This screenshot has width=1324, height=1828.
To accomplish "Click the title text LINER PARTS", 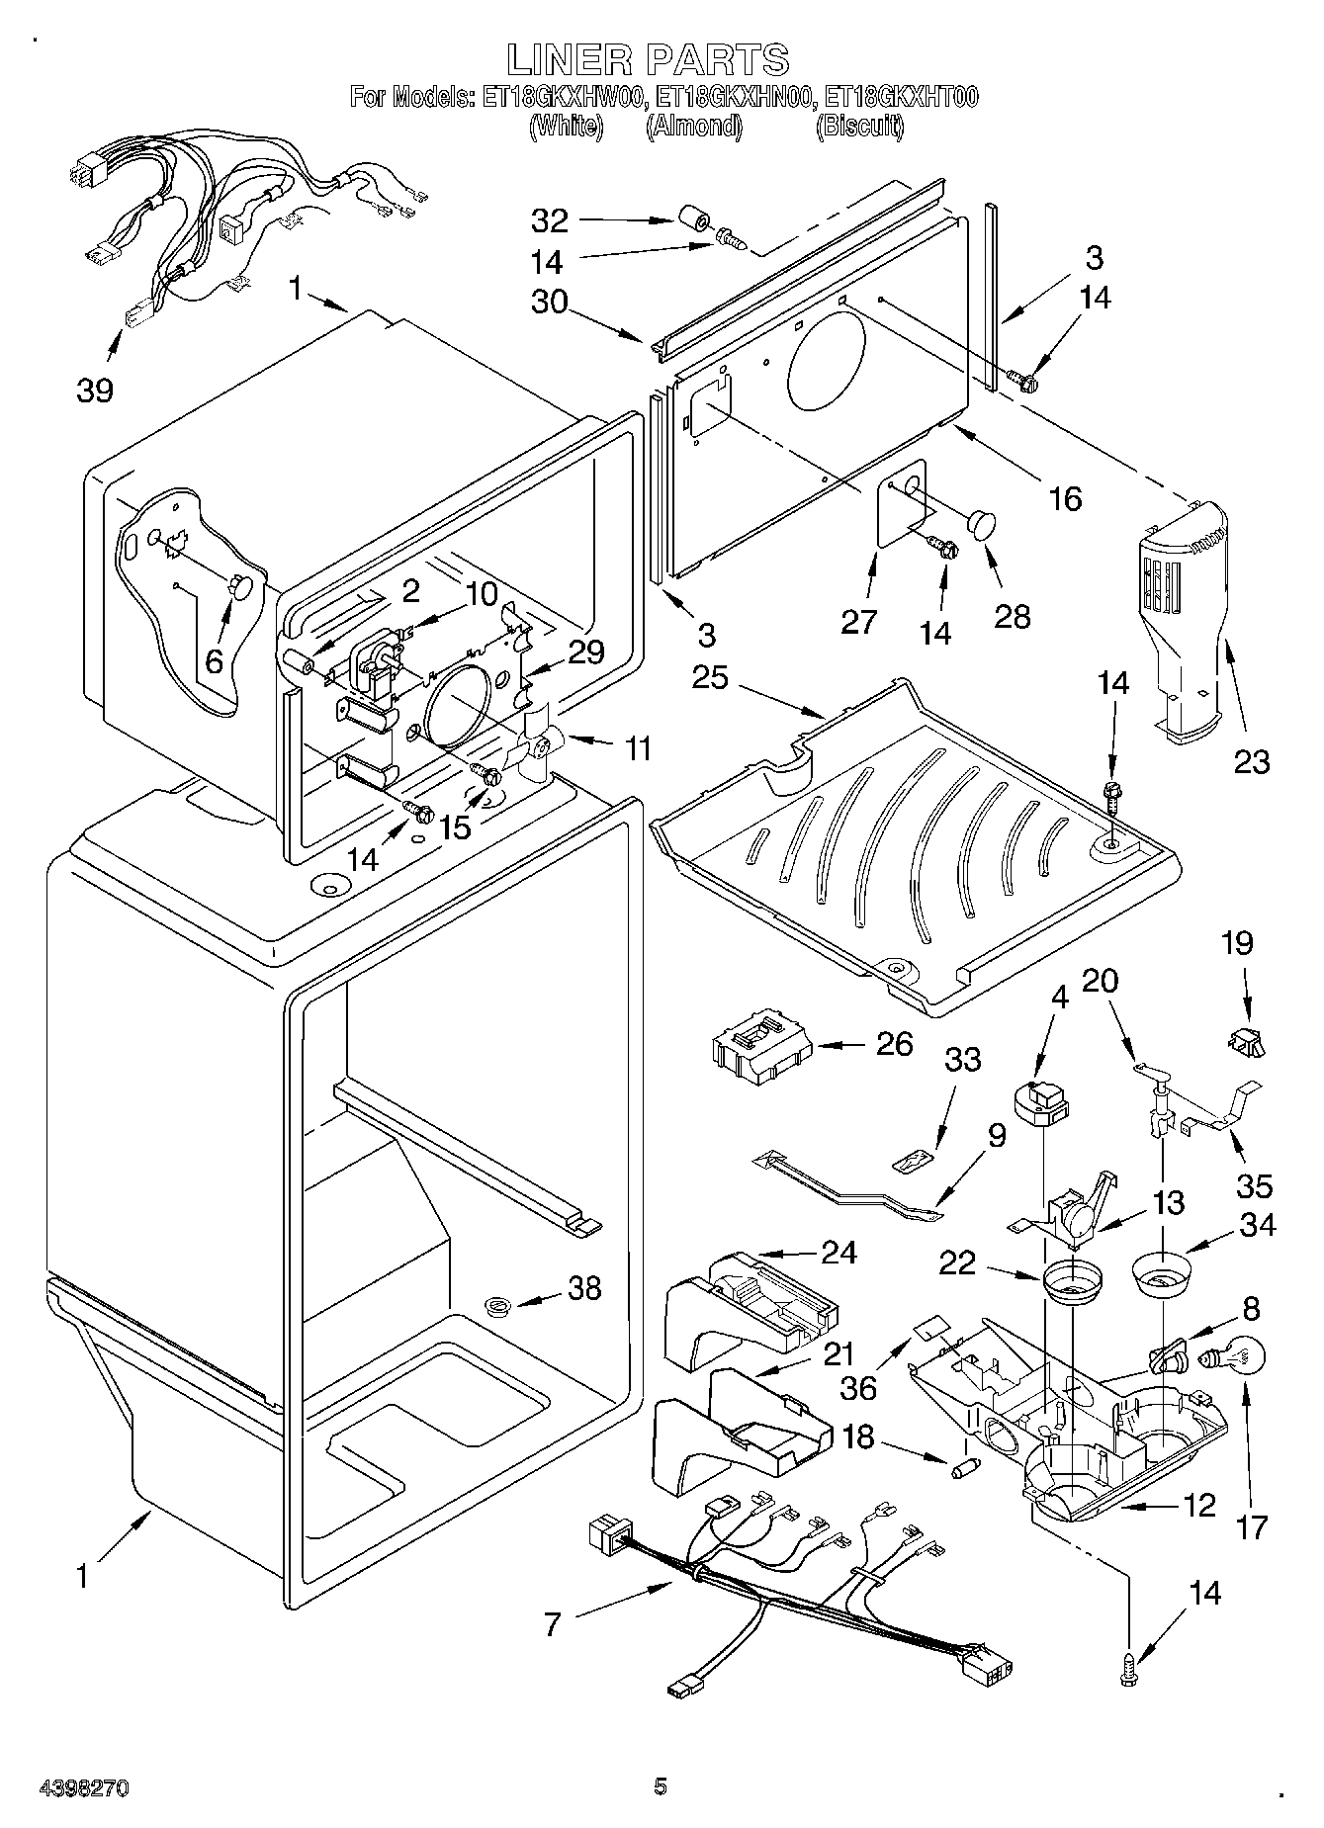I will coord(648,60).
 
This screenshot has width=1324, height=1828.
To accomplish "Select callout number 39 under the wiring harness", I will coord(95,390).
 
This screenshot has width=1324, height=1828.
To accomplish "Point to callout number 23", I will coord(1251,761).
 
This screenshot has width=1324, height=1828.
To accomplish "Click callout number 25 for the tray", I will coord(709,678).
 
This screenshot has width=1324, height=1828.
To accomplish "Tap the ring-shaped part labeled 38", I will coord(499,1307).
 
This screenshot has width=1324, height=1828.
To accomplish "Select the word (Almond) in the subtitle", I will coord(693,127).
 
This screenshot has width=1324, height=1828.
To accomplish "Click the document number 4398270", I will coord(83,1787).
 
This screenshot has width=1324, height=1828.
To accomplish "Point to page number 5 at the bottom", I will coord(661,1785).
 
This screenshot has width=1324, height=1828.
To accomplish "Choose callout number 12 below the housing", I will coord(1198,1506).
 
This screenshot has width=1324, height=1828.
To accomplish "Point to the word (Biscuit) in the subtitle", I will coord(859,127).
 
